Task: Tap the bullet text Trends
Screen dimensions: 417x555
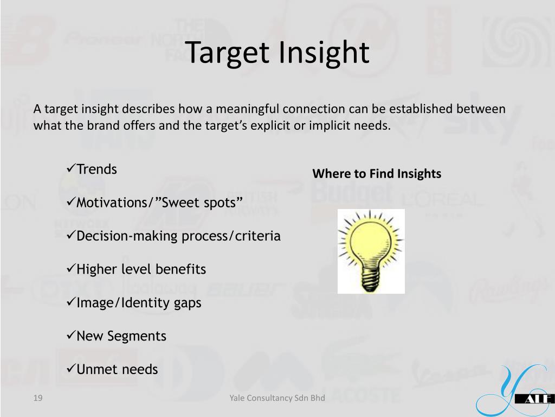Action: point(96,169)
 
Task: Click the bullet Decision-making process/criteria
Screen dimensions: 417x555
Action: point(178,236)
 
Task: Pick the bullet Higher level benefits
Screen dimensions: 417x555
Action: point(141,269)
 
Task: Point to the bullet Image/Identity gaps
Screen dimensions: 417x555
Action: point(139,303)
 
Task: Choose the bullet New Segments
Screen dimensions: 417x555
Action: point(121,336)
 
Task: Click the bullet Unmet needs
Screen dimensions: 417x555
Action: point(117,370)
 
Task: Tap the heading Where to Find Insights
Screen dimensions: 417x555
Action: point(377,174)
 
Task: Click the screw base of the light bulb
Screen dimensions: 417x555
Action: point(371,280)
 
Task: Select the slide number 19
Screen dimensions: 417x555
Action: point(37,399)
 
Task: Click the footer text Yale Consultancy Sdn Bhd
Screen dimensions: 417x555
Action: point(277,399)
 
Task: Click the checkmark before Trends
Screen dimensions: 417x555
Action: point(71,169)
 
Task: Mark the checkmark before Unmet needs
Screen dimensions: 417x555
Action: point(71,369)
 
